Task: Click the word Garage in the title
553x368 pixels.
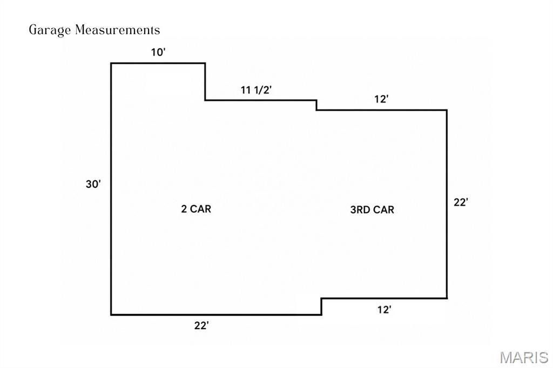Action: click(50, 30)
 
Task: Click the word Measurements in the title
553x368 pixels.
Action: click(117, 30)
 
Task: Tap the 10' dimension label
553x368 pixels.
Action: click(158, 52)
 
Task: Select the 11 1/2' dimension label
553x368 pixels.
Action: click(256, 90)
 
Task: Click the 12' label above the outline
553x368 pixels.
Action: click(381, 99)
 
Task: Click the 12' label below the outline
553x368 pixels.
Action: click(384, 310)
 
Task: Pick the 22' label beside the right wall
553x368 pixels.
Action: click(461, 202)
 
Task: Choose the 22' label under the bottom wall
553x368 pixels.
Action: click(201, 325)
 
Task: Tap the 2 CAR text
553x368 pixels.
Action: click(196, 209)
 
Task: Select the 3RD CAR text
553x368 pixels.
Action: click(372, 210)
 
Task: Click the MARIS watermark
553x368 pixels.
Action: click(524, 357)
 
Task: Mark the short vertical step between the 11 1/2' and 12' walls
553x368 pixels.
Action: click(316, 105)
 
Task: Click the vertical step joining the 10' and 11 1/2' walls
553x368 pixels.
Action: click(205, 82)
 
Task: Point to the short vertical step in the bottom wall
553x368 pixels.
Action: click(321, 306)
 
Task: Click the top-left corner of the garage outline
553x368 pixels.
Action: click(111, 64)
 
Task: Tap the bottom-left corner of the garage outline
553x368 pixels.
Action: click(111, 315)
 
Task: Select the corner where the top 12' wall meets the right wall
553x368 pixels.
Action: click(447, 110)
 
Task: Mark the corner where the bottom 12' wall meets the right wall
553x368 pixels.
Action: click(447, 298)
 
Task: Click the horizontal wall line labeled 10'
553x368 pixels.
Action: click(158, 64)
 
